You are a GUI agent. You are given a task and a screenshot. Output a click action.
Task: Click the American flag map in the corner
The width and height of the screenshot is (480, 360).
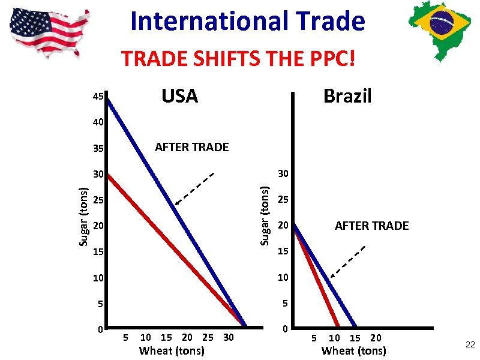coord(50,28)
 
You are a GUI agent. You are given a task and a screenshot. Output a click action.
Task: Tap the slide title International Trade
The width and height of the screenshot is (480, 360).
coord(247,22)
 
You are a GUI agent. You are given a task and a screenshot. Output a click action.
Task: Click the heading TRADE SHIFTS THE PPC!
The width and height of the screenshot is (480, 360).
coord(239,59)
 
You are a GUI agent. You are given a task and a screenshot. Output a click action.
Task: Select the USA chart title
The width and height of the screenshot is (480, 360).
coord(179,96)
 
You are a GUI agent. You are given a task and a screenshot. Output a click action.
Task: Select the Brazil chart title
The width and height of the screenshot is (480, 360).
coord(347,96)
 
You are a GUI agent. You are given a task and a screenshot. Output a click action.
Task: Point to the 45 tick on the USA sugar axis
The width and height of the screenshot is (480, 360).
coord(98,97)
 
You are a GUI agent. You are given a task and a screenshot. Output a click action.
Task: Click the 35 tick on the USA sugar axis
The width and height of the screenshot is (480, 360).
coord(98,148)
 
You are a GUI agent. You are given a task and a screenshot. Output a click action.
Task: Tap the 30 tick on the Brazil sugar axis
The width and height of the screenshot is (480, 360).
coord(283,174)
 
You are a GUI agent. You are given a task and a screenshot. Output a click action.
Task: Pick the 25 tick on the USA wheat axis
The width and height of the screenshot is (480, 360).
coord(208,338)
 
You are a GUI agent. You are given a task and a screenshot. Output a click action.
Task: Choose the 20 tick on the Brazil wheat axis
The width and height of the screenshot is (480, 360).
coord(376,338)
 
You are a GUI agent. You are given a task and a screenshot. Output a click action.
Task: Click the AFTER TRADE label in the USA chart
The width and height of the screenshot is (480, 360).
coord(192,147)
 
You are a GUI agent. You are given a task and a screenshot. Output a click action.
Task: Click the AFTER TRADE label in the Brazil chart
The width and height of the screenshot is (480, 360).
coord(371,226)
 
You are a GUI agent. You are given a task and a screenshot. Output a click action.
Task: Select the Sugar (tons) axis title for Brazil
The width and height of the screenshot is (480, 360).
coord(263,215)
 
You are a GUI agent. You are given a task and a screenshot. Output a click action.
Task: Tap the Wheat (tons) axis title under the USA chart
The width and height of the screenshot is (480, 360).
coord(172,350)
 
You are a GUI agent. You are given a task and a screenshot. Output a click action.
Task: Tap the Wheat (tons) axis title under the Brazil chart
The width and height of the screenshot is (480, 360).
coord(353,350)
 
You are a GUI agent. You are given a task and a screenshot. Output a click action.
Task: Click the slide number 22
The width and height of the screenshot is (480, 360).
coord(469,343)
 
